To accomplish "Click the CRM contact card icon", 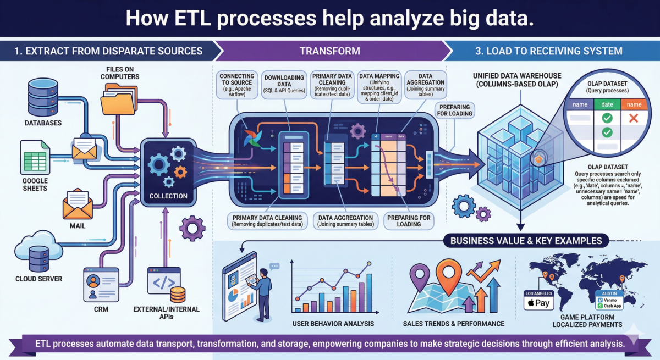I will (x=101, y=284).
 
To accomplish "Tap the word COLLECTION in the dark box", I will (x=169, y=196).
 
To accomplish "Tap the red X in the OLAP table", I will (x=632, y=118).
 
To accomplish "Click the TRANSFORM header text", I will (x=330, y=51).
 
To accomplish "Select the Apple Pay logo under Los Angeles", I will (x=538, y=302).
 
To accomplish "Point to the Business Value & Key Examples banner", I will (x=526, y=240).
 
